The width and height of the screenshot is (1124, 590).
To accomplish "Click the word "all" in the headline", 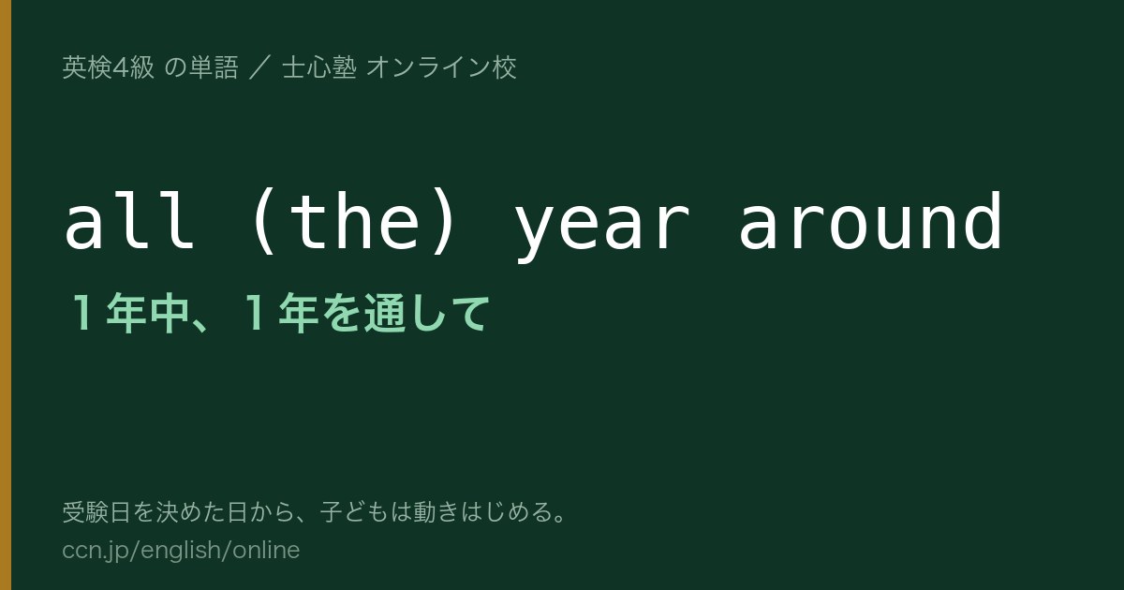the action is point(129,220).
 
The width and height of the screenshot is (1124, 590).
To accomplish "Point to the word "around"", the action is point(870,220).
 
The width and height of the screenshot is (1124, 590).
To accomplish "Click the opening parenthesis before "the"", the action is point(264,222).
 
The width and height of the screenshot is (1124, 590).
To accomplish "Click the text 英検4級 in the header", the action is point(108,67).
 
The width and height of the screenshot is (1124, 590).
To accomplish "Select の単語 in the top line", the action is point(201,67).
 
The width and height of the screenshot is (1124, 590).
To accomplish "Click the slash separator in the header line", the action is point(260,67).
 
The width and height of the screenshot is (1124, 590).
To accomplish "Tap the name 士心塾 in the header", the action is point(319,67).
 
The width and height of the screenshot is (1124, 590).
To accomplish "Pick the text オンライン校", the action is point(441,67).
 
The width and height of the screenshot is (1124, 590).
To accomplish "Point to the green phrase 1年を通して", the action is point(364,313).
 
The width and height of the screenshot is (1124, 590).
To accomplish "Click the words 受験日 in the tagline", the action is point(96,511).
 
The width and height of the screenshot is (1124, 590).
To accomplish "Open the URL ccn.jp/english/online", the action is point(181,551).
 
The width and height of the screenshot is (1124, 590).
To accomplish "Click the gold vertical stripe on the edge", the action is point(6,295).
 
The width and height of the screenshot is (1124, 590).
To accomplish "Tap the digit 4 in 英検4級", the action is point(121,67).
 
